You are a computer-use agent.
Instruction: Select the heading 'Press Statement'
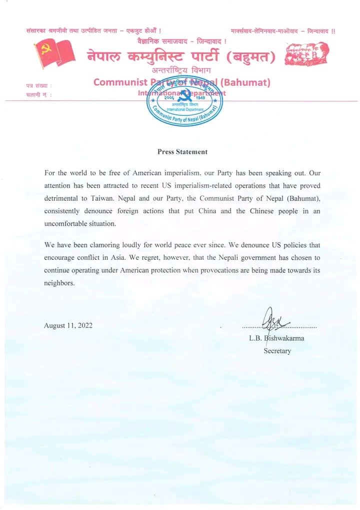pos(182,152)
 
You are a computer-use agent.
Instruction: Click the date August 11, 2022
pos(68,326)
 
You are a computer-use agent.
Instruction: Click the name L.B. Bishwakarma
pos(276,338)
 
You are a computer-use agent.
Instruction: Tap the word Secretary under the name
pos(277,351)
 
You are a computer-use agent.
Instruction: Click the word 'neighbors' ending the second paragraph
pos(59,283)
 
